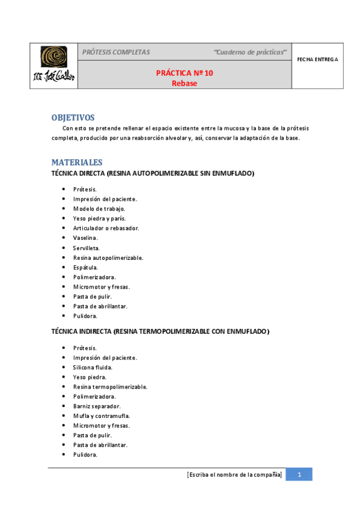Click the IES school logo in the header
tap(53, 66)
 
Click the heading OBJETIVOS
tap(73, 117)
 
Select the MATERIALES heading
tap(77, 162)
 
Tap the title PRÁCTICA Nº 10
tap(184, 73)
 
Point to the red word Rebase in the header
tap(184, 83)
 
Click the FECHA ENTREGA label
tap(318, 60)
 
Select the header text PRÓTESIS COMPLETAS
tap(116, 52)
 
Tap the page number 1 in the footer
tap(299, 475)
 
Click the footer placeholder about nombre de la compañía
tap(234, 475)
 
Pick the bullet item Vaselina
tap(85, 238)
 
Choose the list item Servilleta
tap(87, 248)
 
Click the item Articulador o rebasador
tap(106, 229)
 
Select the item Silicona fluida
tap(93, 367)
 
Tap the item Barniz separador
tap(95, 406)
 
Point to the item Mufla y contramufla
tap(101, 416)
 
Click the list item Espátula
tap(85, 268)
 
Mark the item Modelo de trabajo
tap(99, 209)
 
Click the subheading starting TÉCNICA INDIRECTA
tap(160, 331)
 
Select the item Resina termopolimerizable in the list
tap(110, 387)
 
